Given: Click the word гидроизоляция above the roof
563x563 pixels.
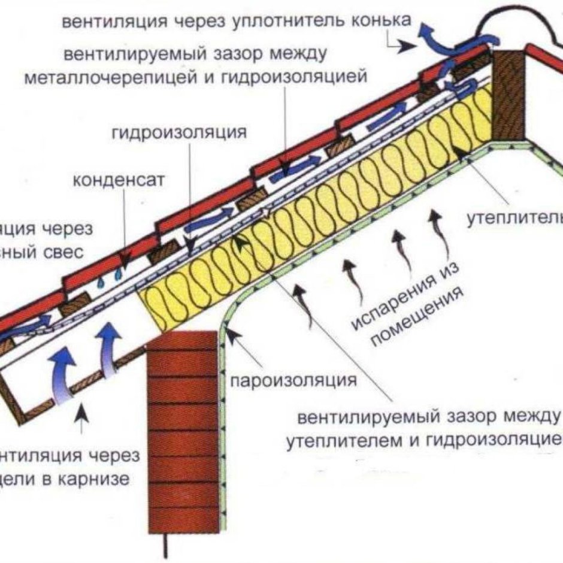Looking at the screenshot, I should point(178,132).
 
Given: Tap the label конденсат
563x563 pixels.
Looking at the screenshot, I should point(117,180).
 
